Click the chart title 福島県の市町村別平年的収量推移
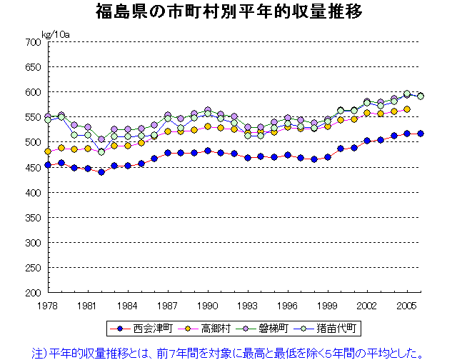(x=228, y=11)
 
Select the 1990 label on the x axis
(x=207, y=305)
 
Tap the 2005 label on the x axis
(x=406, y=305)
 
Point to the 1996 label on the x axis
(x=287, y=305)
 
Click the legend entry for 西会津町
(x=144, y=329)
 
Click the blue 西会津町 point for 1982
(x=101, y=172)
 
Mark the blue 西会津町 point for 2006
(x=420, y=134)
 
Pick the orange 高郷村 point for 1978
(x=48, y=151)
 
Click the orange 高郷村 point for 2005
(x=406, y=109)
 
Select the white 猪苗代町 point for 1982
(x=101, y=151)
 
